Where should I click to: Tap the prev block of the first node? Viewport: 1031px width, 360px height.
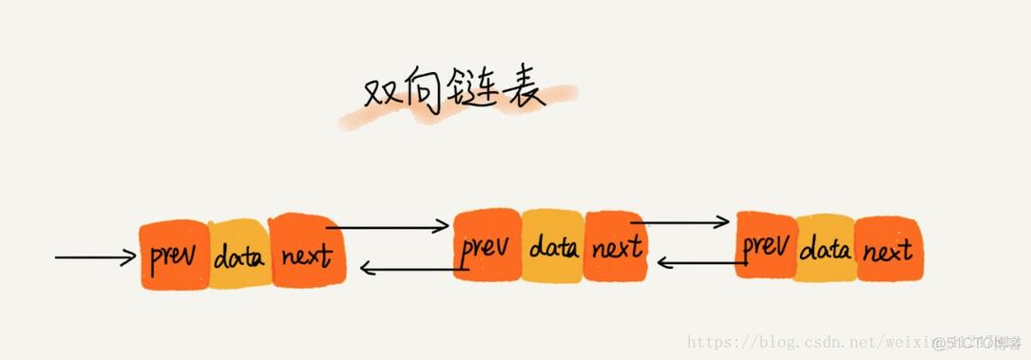[x=173, y=256]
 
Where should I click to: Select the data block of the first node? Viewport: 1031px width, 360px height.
[x=239, y=256]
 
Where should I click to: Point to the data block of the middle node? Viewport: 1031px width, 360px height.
[x=553, y=248]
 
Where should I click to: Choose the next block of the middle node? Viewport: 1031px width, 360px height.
[x=616, y=249]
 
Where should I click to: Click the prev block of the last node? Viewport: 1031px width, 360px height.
[x=766, y=248]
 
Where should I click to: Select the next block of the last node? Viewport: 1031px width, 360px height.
[x=888, y=250]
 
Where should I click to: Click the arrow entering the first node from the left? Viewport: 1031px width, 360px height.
[x=95, y=256]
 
